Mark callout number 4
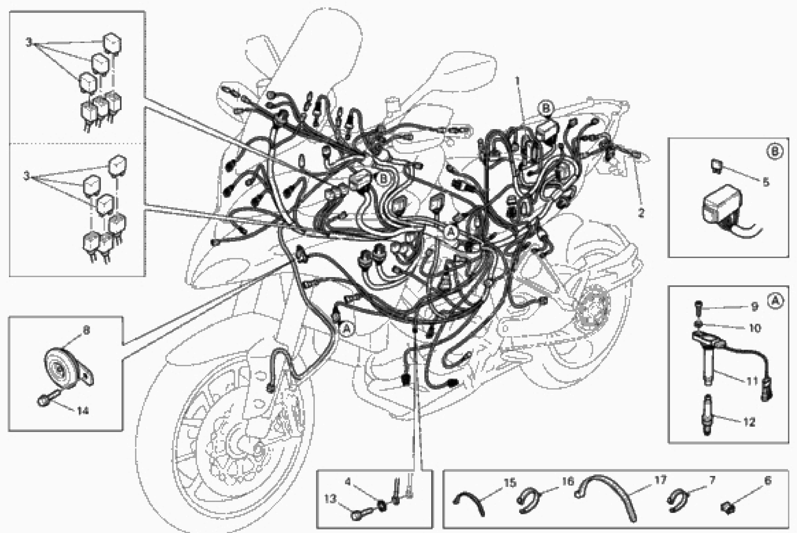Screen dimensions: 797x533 (x=348, y=482)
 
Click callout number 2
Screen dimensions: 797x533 (x=641, y=213)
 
